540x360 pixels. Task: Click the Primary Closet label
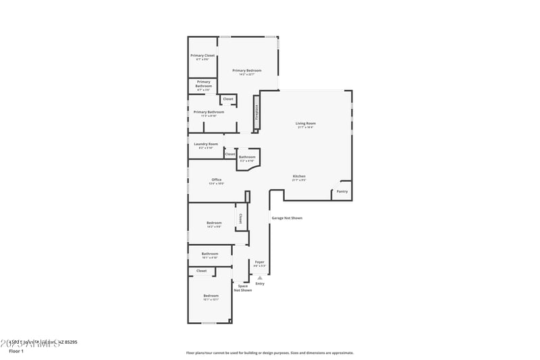pyautogui.click(x=202, y=55)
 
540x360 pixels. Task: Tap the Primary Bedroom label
pyautogui.click(x=246, y=70)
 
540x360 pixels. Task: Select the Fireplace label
pyautogui.click(x=256, y=112)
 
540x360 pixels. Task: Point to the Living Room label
pyautogui.click(x=305, y=124)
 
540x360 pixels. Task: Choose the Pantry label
pyautogui.click(x=342, y=191)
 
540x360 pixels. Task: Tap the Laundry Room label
pyautogui.click(x=206, y=144)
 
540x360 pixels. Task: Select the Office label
pyautogui.click(x=216, y=180)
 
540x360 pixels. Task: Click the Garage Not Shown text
pyautogui.click(x=287, y=218)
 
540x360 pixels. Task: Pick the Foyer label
pyautogui.click(x=259, y=261)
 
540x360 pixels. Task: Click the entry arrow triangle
pyautogui.click(x=259, y=278)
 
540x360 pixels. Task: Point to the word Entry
pyautogui.click(x=260, y=284)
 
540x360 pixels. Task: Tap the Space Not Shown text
pyautogui.click(x=243, y=288)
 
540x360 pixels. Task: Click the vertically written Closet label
pyautogui.click(x=240, y=218)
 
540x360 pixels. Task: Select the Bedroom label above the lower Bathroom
pyautogui.click(x=214, y=222)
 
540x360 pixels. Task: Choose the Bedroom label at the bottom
pyautogui.click(x=211, y=295)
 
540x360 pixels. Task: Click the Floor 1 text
pyautogui.click(x=16, y=351)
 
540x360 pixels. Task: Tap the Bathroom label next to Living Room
pyautogui.click(x=247, y=157)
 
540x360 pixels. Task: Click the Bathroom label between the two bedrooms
pyautogui.click(x=209, y=254)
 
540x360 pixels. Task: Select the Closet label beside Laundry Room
pyautogui.click(x=230, y=154)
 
